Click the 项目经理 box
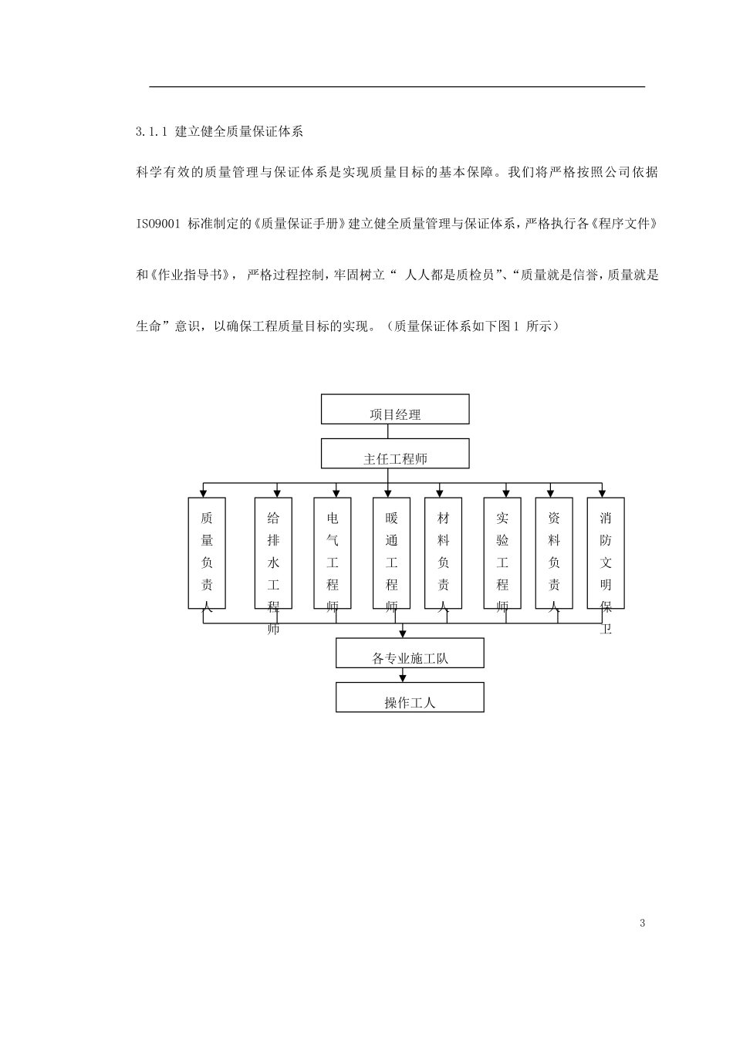pyautogui.click(x=395, y=410)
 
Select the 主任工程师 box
pyautogui.click(x=395, y=454)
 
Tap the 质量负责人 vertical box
pyautogui.click(x=207, y=552)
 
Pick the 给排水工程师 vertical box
pyautogui.click(x=273, y=552)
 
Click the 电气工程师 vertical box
pyautogui.click(x=333, y=552)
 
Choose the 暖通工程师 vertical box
pyautogui.click(x=391, y=552)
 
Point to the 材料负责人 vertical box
pyautogui.click(x=443, y=552)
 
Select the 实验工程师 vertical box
pyautogui.click(x=502, y=552)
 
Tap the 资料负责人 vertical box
pyautogui.click(x=554, y=552)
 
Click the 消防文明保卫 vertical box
pyautogui.click(x=606, y=552)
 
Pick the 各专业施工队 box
pyautogui.click(x=410, y=653)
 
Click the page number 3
pyautogui.click(x=642, y=924)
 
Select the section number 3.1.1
pyautogui.click(x=151, y=132)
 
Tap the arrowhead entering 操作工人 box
pyautogui.click(x=402, y=678)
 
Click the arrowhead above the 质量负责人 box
pyautogui.click(x=203, y=494)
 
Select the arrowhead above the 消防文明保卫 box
pyautogui.click(x=602, y=494)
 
